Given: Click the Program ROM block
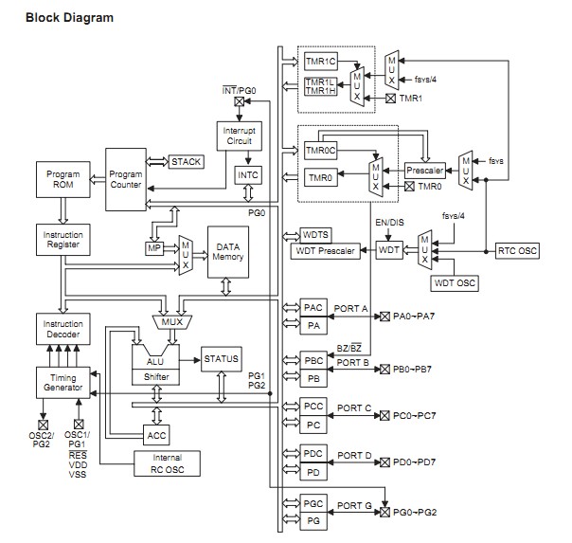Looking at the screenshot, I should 63,180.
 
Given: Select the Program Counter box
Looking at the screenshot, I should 125,179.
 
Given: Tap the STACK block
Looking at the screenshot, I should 187,162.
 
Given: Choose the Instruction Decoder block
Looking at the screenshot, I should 63,329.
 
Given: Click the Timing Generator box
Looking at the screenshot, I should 63,383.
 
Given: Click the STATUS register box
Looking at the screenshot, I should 221,359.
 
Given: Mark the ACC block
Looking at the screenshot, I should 155,435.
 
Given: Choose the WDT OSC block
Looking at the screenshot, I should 456,282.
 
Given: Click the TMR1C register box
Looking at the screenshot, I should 321,62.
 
